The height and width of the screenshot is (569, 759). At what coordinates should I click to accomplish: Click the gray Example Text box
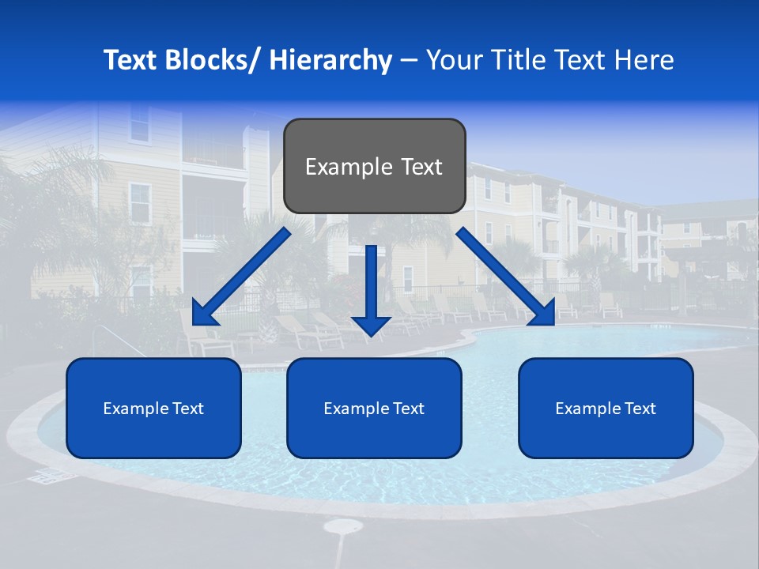click(374, 166)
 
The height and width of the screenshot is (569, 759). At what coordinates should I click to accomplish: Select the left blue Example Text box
click(153, 408)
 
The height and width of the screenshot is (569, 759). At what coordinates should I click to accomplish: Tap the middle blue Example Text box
click(374, 408)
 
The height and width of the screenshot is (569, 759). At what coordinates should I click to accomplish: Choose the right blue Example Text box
click(606, 408)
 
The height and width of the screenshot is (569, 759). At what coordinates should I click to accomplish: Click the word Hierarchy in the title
click(330, 60)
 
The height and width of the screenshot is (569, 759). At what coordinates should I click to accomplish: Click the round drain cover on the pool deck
click(343, 526)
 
